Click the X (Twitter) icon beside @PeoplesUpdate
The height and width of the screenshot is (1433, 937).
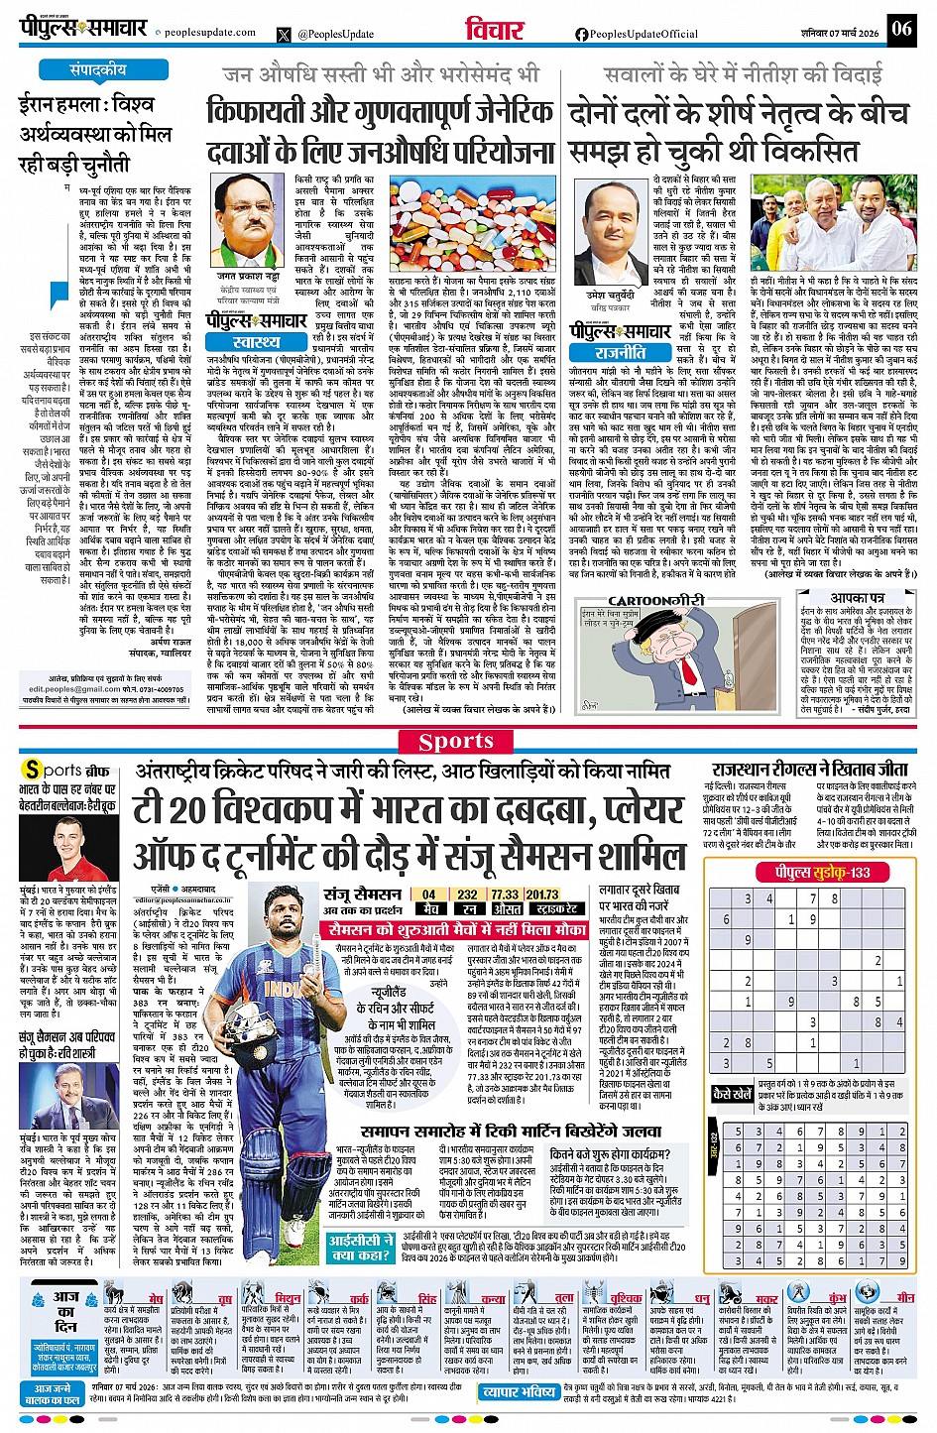286,34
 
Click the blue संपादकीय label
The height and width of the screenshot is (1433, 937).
98,70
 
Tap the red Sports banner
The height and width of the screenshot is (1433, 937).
456,741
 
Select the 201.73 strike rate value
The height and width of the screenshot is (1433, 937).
543,894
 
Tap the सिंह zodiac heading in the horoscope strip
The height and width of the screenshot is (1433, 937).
426,1297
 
